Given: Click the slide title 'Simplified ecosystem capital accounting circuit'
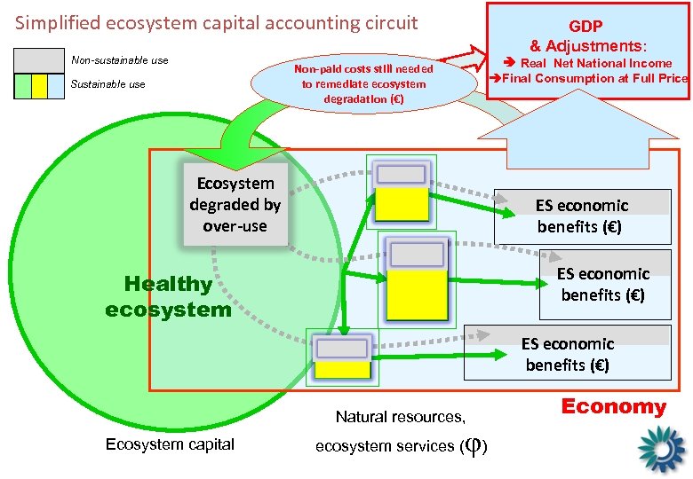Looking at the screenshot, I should tap(216, 22).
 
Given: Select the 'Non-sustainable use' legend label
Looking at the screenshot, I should tap(120, 60).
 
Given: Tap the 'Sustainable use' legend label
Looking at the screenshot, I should tap(108, 84).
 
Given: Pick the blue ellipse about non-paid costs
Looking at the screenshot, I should tap(363, 84).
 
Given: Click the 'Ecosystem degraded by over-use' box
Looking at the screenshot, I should tap(235, 204).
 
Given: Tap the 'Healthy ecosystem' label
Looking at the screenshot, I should tap(168, 296).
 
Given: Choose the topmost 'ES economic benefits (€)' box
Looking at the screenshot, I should tap(582, 216).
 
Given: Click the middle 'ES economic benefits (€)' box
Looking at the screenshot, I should tap(603, 284).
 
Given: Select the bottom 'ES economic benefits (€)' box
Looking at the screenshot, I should tap(568, 354).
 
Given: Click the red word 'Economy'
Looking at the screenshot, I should tap(613, 407).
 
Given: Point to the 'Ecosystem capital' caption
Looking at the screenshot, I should tap(170, 444).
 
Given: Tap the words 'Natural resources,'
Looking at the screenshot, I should tap(401, 416).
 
